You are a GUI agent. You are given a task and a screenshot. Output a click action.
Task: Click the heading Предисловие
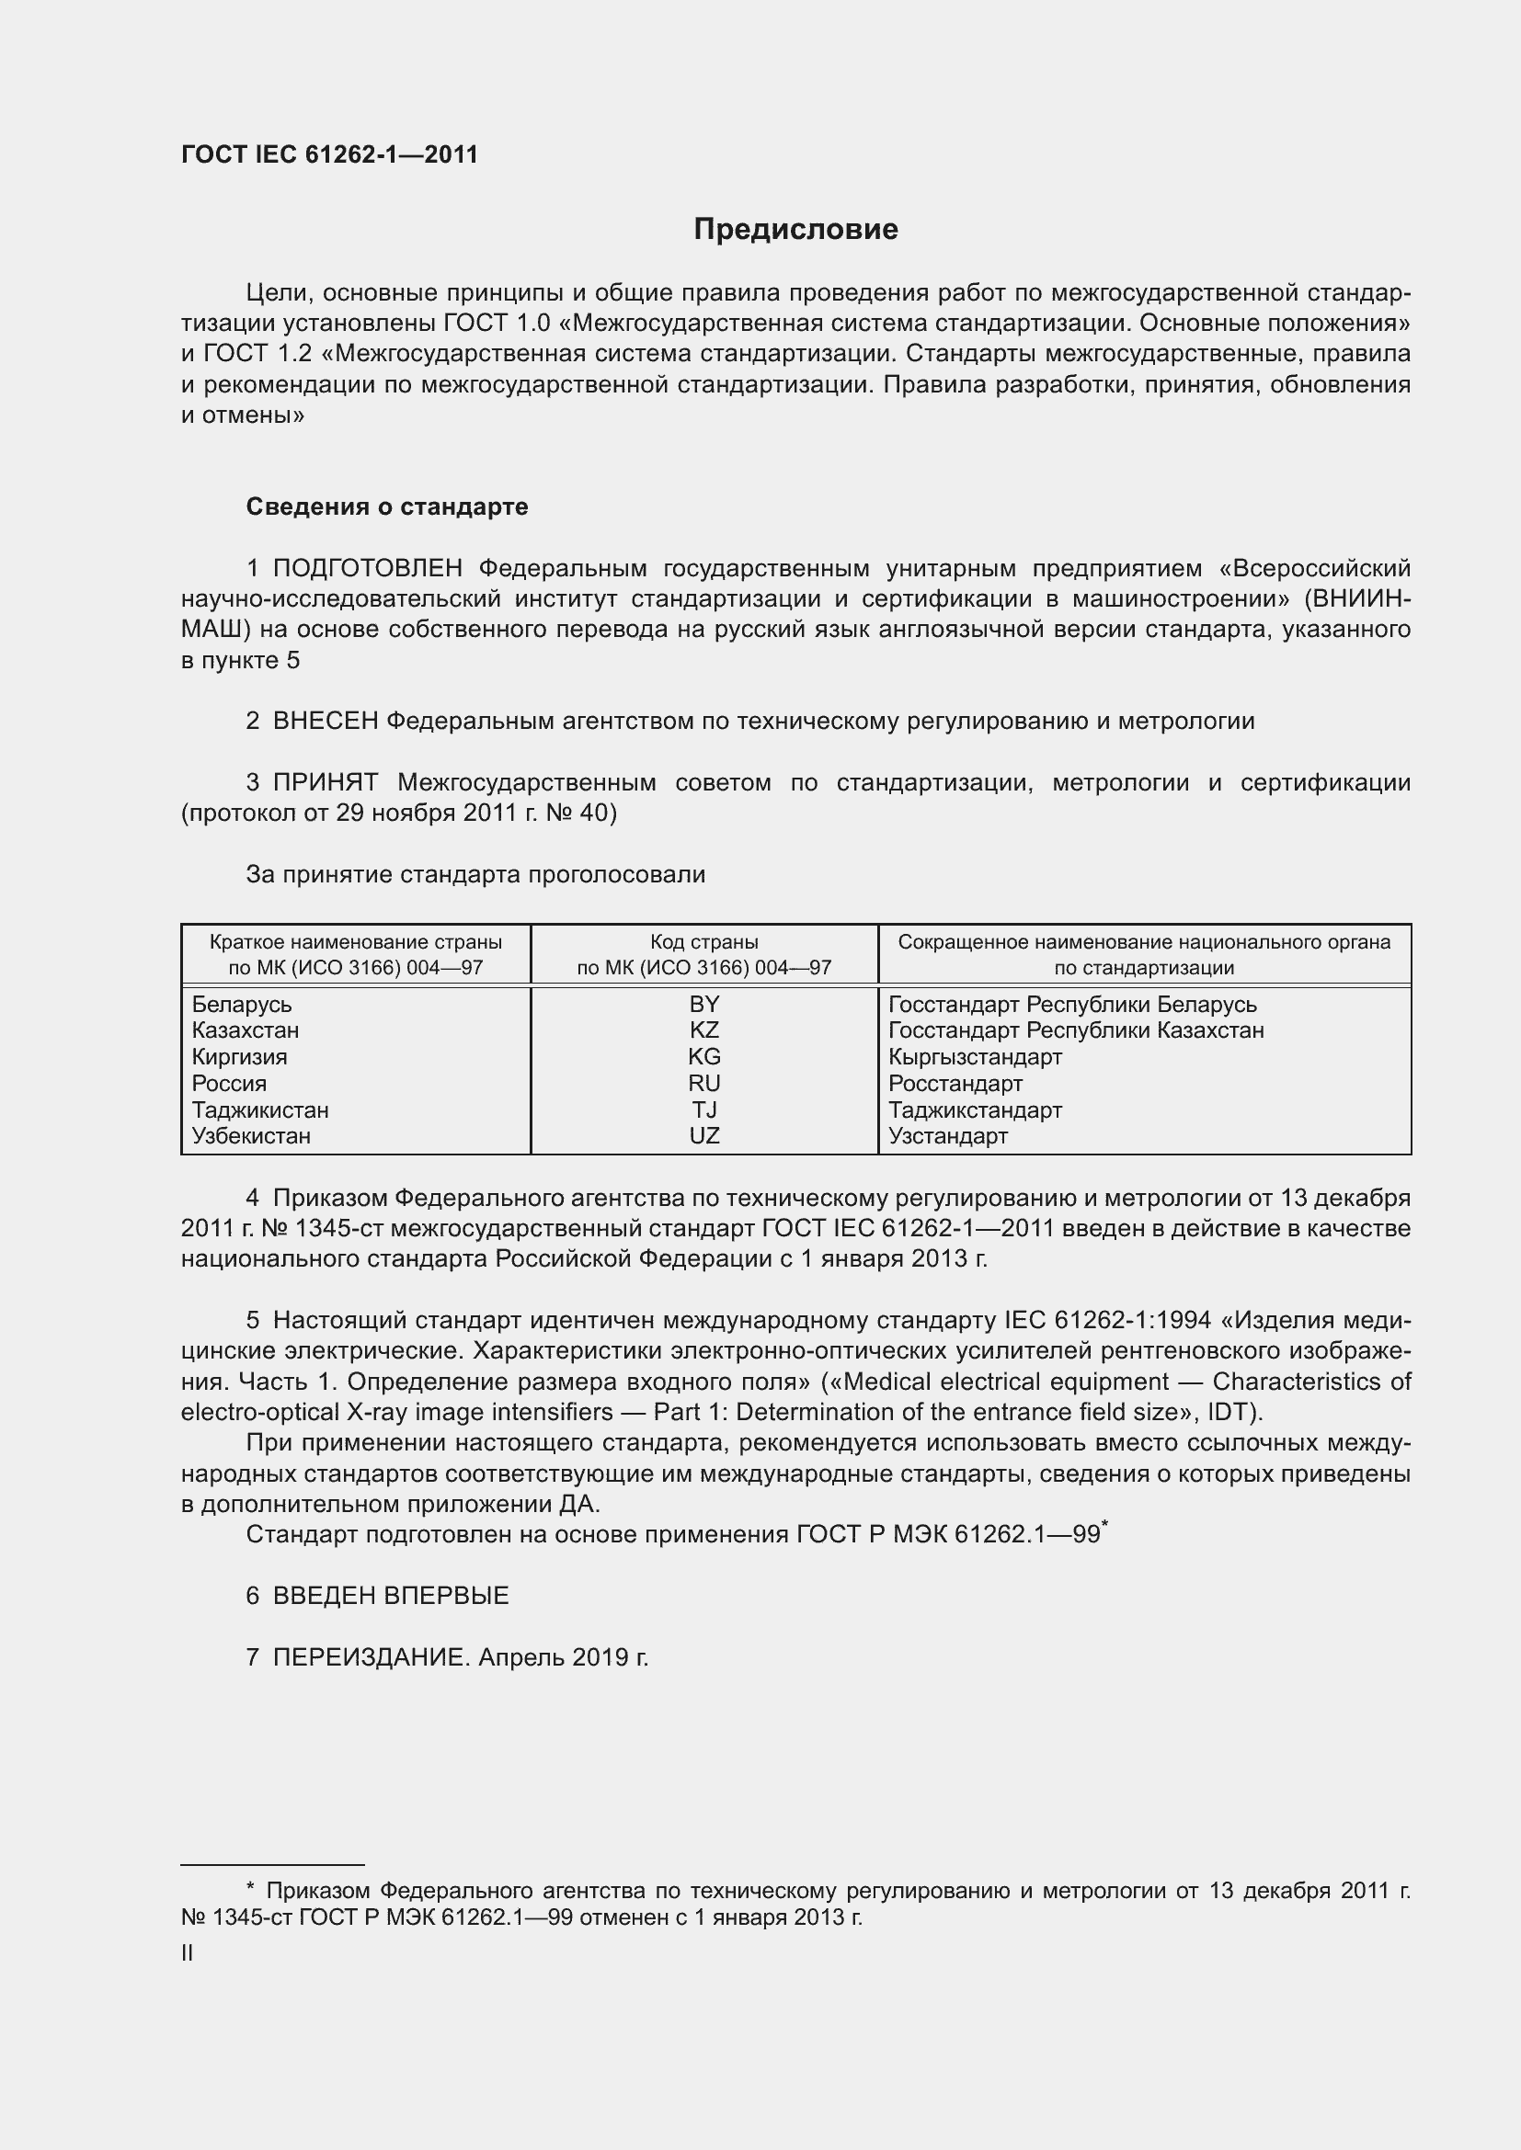pyautogui.click(x=795, y=230)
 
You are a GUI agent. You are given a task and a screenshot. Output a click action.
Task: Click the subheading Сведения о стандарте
pyautogui.click(x=387, y=506)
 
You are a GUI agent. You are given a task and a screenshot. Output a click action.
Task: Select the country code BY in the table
pyautogui.click(x=703, y=1005)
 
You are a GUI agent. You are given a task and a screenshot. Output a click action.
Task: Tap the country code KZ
pyautogui.click(x=703, y=1031)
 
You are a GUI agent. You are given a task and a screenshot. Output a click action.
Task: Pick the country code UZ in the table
pyautogui.click(x=703, y=1136)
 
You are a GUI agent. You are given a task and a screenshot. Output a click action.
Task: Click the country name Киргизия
pyautogui.click(x=240, y=1057)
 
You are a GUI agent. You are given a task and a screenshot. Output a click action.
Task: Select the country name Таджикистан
pyautogui.click(x=260, y=1110)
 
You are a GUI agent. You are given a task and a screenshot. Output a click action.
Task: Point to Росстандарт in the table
pyautogui.click(x=955, y=1085)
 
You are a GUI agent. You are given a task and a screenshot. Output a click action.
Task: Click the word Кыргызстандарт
pyautogui.click(x=975, y=1057)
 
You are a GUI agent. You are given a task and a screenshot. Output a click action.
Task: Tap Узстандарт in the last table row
pyautogui.click(x=948, y=1137)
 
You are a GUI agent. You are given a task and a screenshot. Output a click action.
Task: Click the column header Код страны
pyautogui.click(x=703, y=942)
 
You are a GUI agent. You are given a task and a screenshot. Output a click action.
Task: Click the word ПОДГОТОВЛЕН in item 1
pyautogui.click(x=367, y=568)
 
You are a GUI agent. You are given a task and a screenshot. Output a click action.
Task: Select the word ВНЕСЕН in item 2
pyautogui.click(x=325, y=721)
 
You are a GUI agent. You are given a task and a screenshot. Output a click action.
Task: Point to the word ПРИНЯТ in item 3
pyautogui.click(x=325, y=782)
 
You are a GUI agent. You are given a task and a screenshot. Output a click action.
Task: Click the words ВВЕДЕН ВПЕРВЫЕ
pyautogui.click(x=391, y=1596)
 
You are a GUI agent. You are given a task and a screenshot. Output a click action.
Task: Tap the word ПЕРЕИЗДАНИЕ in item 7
pyautogui.click(x=369, y=1657)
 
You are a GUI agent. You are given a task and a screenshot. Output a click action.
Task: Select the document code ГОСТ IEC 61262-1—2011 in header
pyautogui.click(x=330, y=155)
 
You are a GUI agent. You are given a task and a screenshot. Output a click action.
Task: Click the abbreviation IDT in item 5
pyautogui.click(x=1230, y=1412)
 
